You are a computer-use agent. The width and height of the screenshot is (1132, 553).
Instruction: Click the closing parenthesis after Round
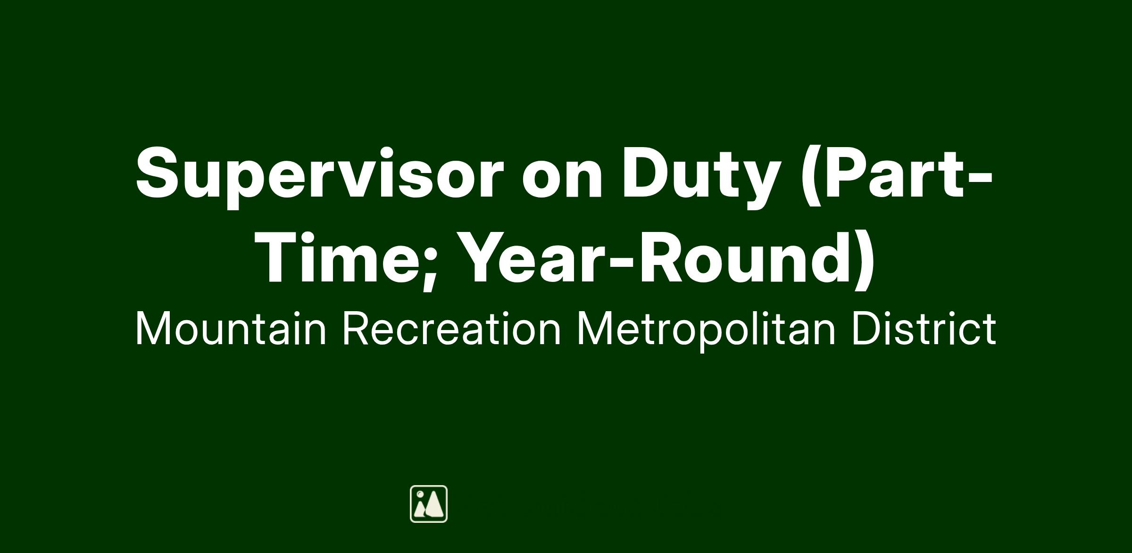click(x=864, y=260)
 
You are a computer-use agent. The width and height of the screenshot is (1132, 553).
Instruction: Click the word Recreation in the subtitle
click(x=452, y=329)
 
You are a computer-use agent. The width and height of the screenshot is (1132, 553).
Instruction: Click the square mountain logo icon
click(x=429, y=503)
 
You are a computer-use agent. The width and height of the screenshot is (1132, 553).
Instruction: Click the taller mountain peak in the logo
click(x=435, y=504)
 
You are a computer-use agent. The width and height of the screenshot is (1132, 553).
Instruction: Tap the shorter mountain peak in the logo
click(x=419, y=510)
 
